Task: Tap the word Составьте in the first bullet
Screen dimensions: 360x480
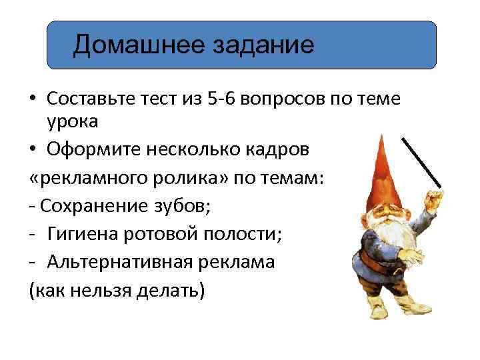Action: [92, 99]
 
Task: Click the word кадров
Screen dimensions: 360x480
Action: [274, 150]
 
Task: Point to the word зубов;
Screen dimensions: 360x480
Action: [179, 206]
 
